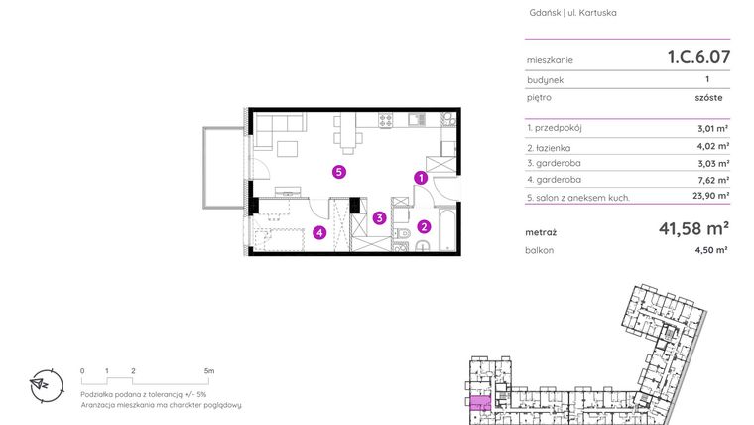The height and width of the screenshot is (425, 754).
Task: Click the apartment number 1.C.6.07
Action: [x=698, y=57]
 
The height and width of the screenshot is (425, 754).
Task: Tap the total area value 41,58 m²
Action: [x=693, y=232]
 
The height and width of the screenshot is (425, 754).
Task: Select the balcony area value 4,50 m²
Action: [x=712, y=251]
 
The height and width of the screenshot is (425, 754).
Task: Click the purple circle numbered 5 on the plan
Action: [x=339, y=172]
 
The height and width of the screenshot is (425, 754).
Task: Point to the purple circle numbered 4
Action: [x=318, y=233]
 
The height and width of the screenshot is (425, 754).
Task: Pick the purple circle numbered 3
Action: [x=379, y=217]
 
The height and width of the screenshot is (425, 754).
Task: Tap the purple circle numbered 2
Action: [x=424, y=226]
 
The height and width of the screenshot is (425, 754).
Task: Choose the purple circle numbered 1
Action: [x=421, y=179]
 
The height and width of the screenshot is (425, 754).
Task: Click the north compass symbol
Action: [x=42, y=383]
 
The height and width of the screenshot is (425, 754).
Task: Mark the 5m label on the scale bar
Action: [x=208, y=369]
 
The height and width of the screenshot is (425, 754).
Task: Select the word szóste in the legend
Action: [x=708, y=98]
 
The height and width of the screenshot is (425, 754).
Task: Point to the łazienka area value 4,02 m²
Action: [x=713, y=146]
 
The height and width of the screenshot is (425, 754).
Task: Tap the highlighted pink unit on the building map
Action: [x=480, y=403]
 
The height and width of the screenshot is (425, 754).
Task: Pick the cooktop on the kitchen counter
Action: [x=387, y=120]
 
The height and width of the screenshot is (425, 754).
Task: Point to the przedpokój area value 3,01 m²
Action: [x=713, y=128]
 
